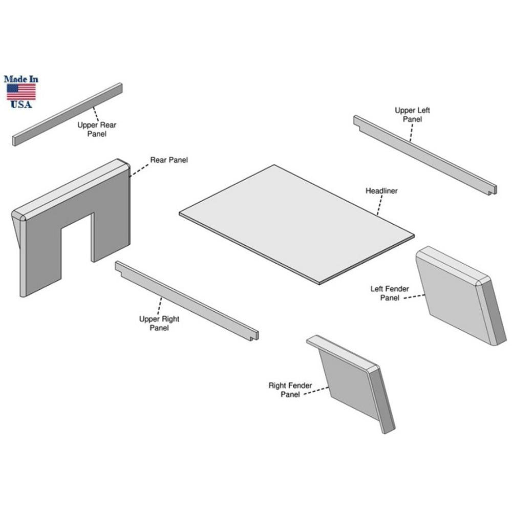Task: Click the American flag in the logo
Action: click(21, 92)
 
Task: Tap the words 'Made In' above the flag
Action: click(21, 79)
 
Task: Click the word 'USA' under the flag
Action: click(21, 104)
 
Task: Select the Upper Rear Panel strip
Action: click(67, 114)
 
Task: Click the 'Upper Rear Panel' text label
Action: click(97, 130)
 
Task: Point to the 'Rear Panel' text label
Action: click(169, 160)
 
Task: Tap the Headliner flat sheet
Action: click(296, 224)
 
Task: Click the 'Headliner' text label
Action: click(381, 190)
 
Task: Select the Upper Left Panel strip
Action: click(425, 155)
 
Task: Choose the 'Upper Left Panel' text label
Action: click(412, 115)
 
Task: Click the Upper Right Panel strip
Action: click(186, 301)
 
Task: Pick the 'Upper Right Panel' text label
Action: click(159, 323)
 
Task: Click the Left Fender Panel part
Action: click(461, 295)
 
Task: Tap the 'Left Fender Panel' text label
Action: click(390, 293)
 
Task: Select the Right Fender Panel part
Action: click(351, 384)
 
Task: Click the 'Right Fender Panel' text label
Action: click(290, 390)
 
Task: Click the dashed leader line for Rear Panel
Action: click(139, 170)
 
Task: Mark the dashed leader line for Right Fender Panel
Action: click(316, 391)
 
